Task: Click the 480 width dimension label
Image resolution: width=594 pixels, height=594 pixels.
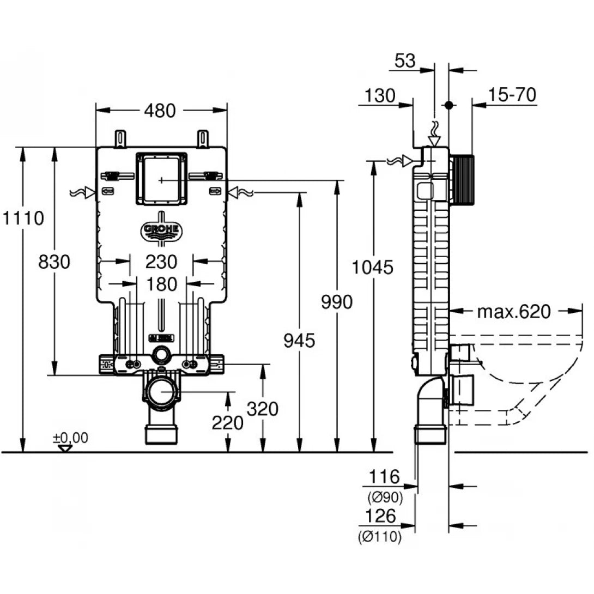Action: (x=160, y=111)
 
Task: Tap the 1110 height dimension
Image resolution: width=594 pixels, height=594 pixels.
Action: (x=22, y=219)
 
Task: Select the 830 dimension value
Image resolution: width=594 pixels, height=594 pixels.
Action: (x=54, y=262)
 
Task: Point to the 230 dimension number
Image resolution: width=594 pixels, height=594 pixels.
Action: (x=161, y=262)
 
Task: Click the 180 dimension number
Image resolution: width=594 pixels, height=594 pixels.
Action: (x=161, y=284)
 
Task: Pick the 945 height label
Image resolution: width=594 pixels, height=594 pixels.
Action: (x=299, y=341)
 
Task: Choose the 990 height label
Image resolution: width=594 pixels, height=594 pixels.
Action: (x=336, y=301)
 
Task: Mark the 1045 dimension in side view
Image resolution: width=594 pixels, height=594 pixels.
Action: (x=373, y=267)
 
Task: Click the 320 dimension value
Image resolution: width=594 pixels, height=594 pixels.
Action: (x=263, y=408)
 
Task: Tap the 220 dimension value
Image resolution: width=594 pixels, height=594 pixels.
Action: (x=227, y=422)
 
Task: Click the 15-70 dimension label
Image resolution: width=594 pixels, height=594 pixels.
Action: (x=512, y=95)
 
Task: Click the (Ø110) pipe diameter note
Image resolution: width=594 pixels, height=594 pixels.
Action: (x=380, y=537)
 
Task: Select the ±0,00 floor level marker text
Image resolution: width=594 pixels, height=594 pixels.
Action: (x=70, y=438)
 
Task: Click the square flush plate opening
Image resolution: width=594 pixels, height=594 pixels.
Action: (x=161, y=178)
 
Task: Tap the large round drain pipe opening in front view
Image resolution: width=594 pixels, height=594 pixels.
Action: (x=161, y=393)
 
